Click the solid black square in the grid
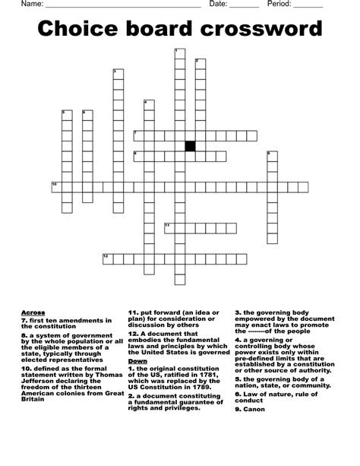click(190, 145)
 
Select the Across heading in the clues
click(33, 312)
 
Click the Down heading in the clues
click(137, 360)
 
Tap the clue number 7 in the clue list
click(24, 320)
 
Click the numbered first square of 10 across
click(55, 187)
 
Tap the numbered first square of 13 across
click(108, 258)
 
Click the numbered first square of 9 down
click(272, 156)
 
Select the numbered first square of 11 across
click(169, 228)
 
